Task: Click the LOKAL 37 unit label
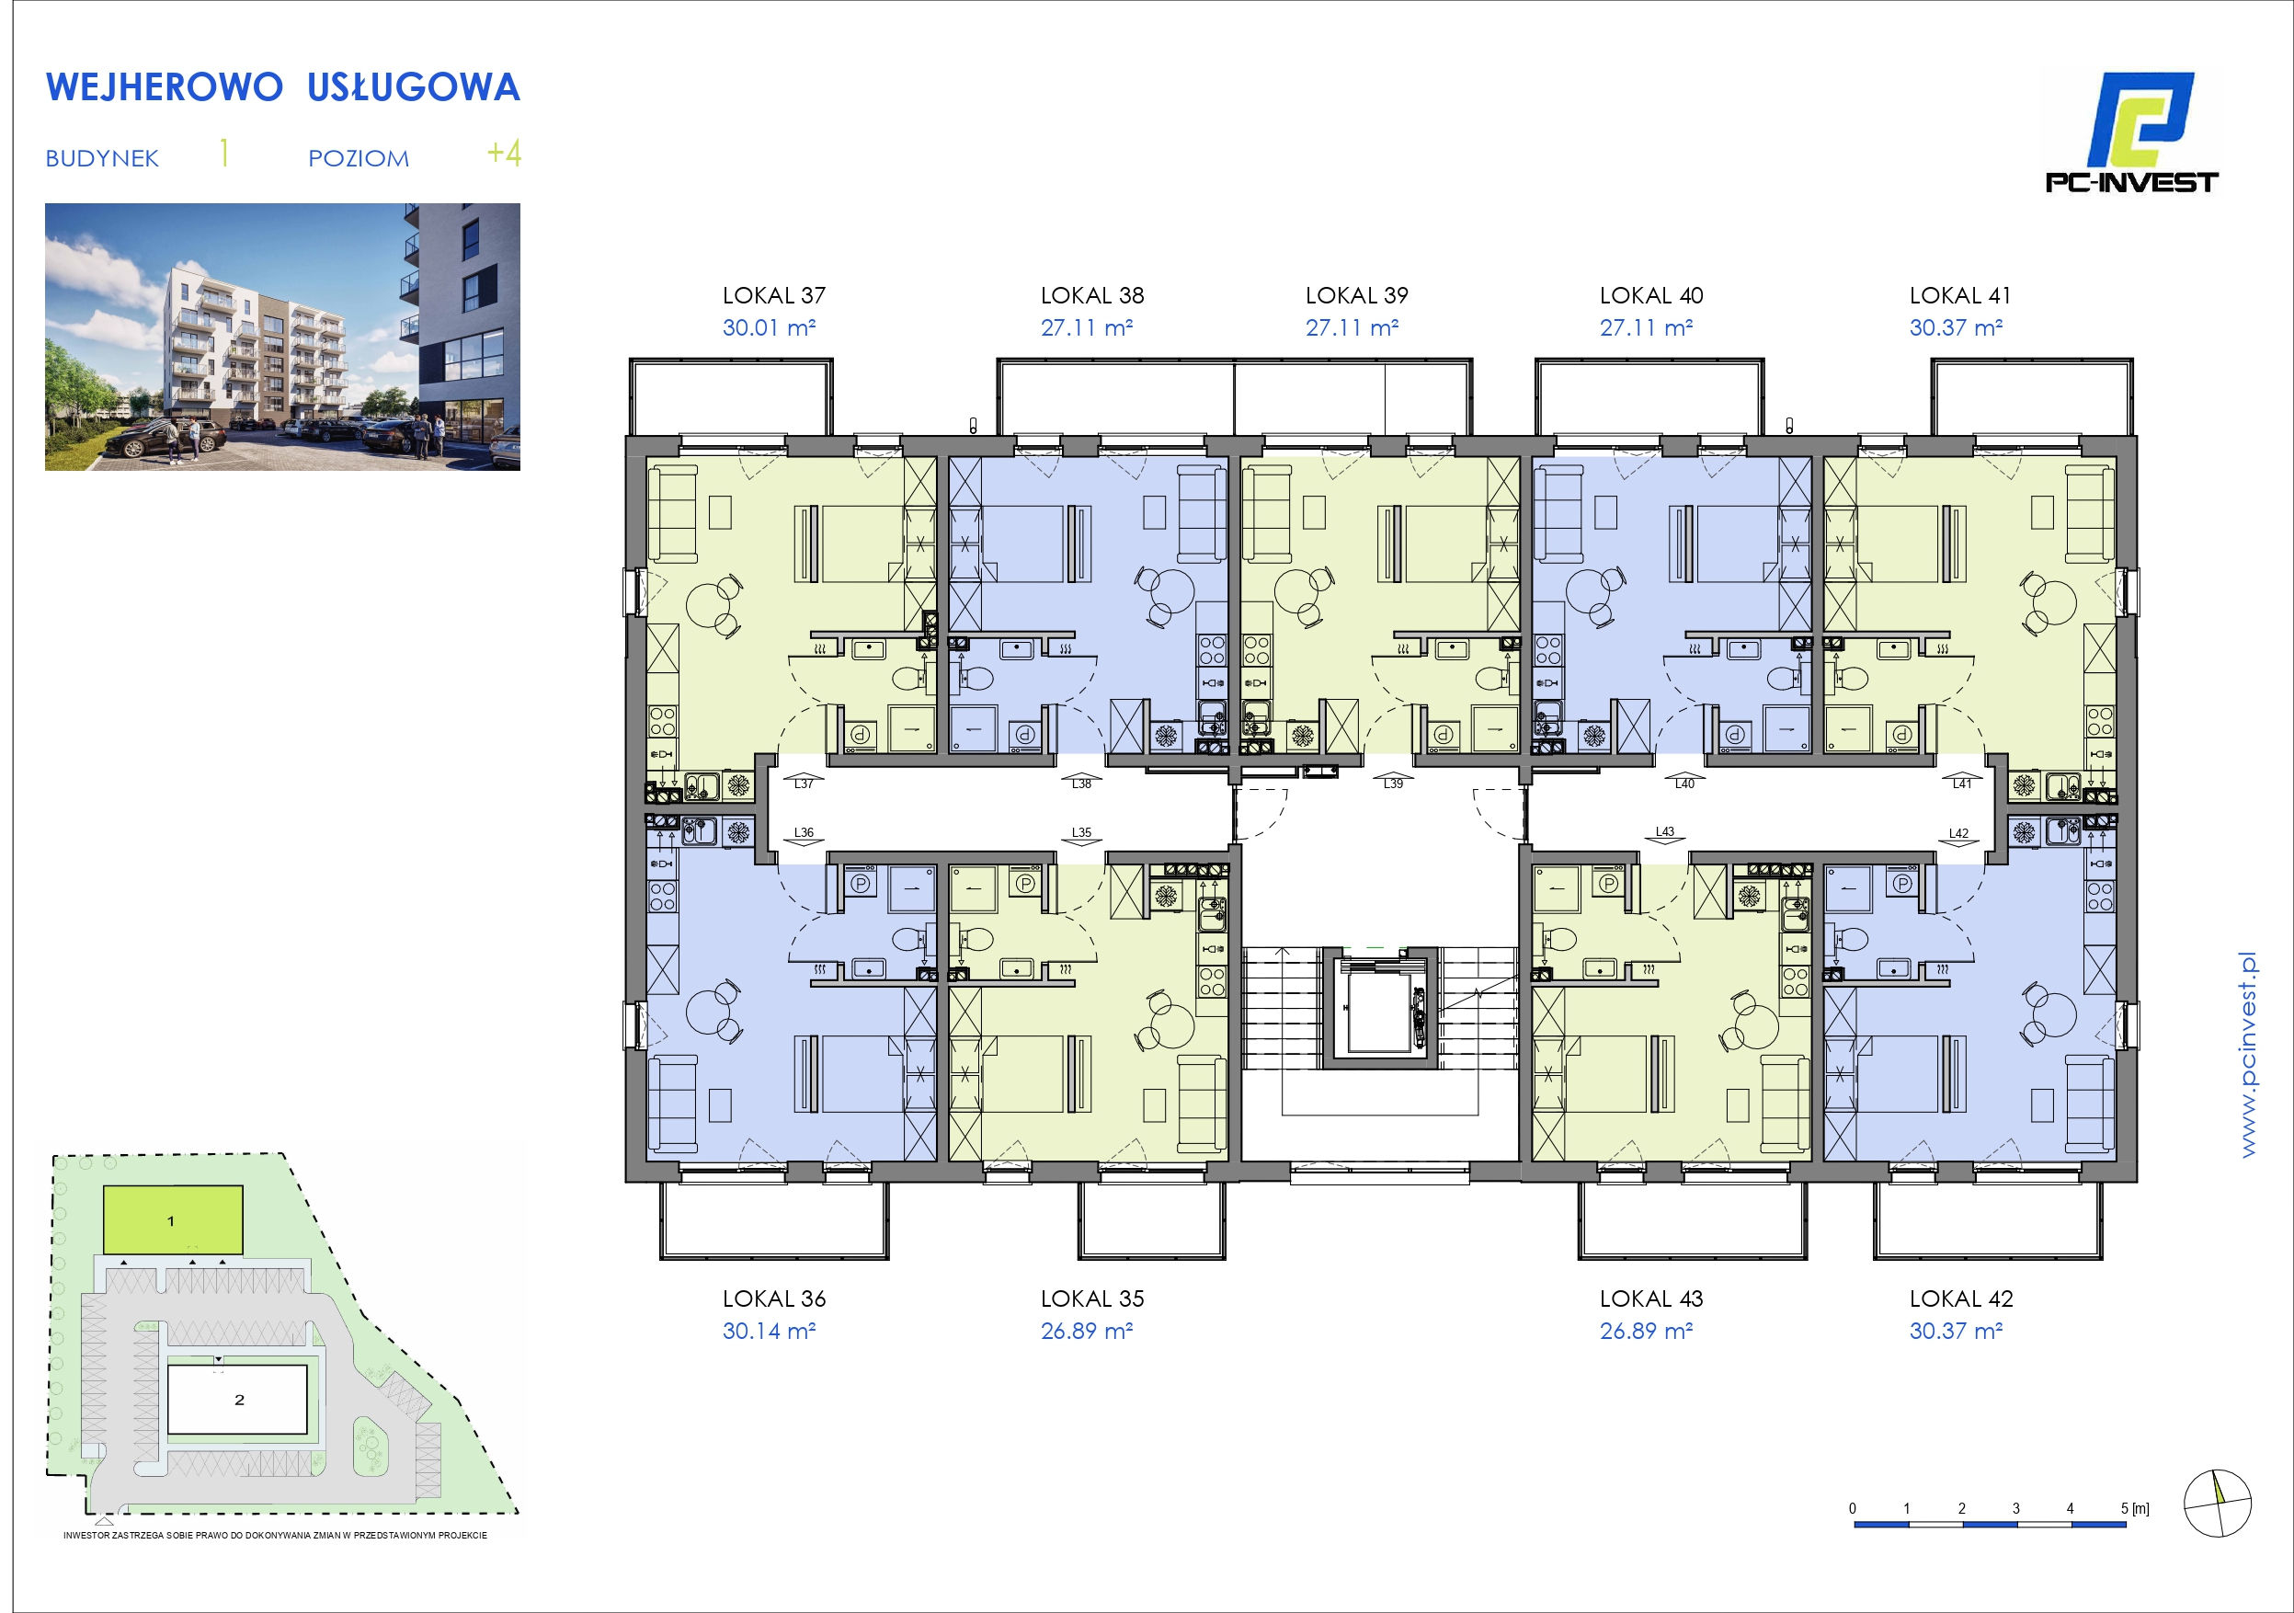point(773,296)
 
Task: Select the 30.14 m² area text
point(769,1332)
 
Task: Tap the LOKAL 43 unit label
point(1650,1299)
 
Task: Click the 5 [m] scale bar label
point(2135,1509)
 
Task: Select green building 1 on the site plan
point(174,1219)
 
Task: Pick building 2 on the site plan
point(238,1399)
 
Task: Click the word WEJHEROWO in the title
point(165,88)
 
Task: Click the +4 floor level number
point(504,153)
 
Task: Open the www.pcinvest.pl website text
point(2247,1055)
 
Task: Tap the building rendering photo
point(283,337)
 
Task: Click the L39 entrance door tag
point(1393,784)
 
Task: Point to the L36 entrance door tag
point(804,832)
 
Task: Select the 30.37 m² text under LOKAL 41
point(1956,327)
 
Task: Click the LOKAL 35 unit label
point(1092,1299)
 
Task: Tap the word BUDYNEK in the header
point(102,159)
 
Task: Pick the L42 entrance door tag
point(1958,833)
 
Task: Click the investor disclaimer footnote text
point(276,1535)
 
